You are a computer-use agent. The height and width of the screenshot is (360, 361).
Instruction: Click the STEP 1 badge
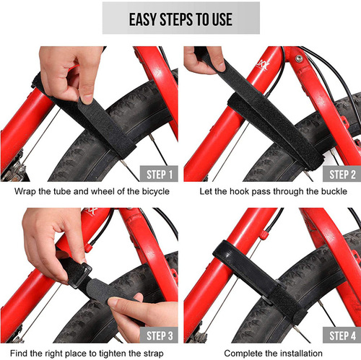coord(153,174)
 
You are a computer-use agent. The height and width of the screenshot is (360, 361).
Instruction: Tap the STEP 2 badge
coord(336,174)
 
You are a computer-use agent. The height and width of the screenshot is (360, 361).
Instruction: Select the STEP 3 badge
coord(153,335)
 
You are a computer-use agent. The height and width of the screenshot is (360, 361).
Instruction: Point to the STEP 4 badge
coord(336,335)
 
